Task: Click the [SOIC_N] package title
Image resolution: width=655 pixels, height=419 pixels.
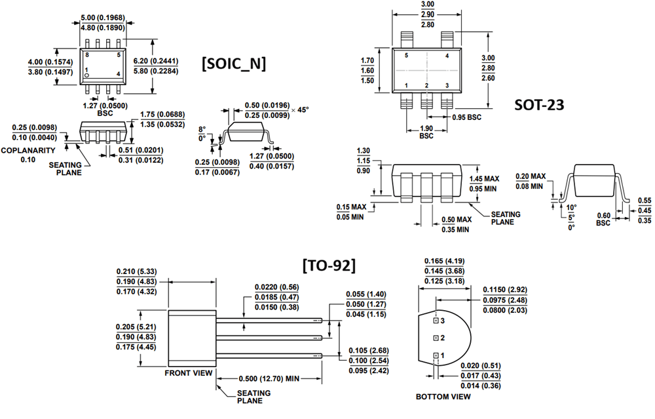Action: pos(233,64)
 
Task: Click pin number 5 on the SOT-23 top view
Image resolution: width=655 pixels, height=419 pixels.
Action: pos(406,56)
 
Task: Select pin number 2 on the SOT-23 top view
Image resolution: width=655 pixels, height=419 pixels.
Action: pos(426,86)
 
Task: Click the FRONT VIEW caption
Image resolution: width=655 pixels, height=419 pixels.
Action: pos(189,373)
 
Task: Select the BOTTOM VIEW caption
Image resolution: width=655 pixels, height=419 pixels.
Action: pos(443,397)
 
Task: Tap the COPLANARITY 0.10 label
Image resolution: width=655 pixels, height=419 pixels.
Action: pos(27,155)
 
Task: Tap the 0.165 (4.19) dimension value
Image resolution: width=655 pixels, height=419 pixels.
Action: pos(445,261)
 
